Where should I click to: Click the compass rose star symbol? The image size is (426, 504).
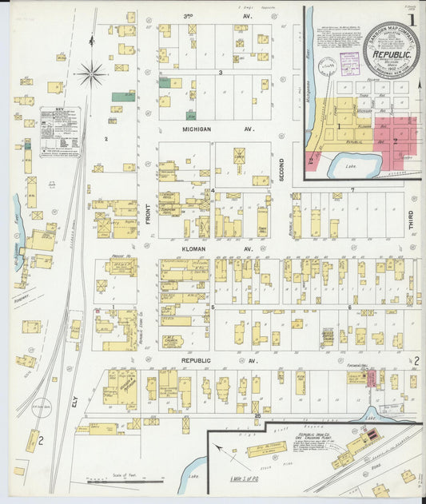point(91,74)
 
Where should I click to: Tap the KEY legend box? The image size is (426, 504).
point(60,131)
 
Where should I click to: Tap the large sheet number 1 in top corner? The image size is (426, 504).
point(412,19)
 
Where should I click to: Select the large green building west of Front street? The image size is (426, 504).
point(122,97)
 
